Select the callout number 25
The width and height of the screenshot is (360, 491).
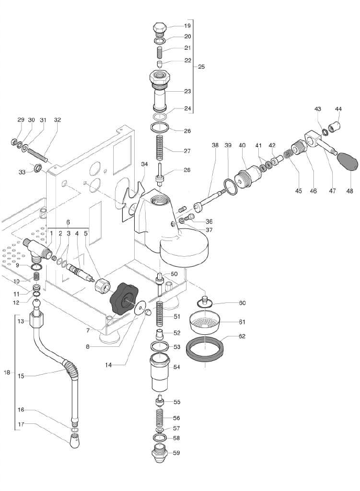coord(201,67)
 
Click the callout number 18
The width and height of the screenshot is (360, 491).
coord(7,373)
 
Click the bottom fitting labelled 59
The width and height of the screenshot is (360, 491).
coord(160,452)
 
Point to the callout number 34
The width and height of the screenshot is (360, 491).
coord(145,165)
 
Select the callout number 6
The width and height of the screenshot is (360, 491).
coord(68,222)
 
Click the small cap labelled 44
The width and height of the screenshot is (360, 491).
coord(338,126)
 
